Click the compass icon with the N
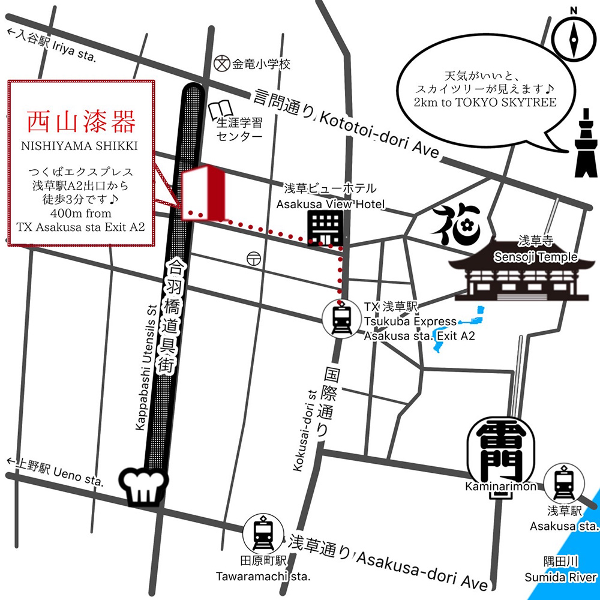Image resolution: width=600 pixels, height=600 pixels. (573, 38)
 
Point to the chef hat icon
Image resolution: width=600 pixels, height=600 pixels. (145, 485)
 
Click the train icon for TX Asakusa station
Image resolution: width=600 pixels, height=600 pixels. (340, 318)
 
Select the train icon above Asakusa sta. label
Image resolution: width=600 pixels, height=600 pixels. (563, 483)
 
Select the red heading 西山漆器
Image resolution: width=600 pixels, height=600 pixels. (80, 122)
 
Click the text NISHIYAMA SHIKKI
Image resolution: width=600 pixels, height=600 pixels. (80, 145)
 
